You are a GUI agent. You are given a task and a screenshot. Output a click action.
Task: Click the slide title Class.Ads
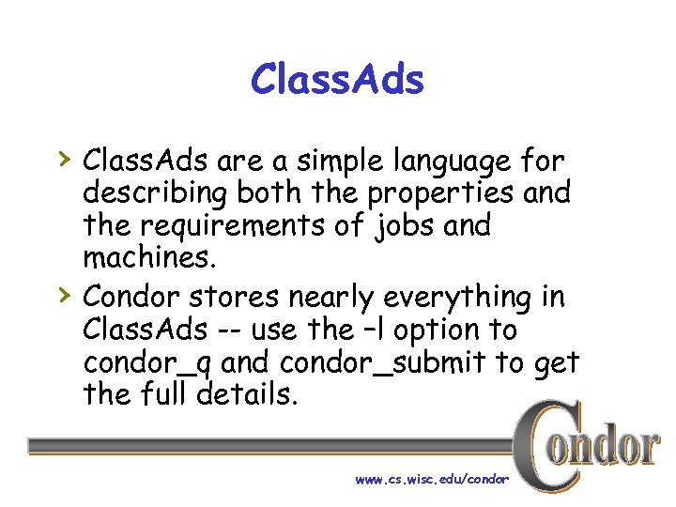(x=337, y=80)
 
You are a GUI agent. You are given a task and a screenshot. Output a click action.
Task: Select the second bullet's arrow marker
(x=62, y=294)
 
